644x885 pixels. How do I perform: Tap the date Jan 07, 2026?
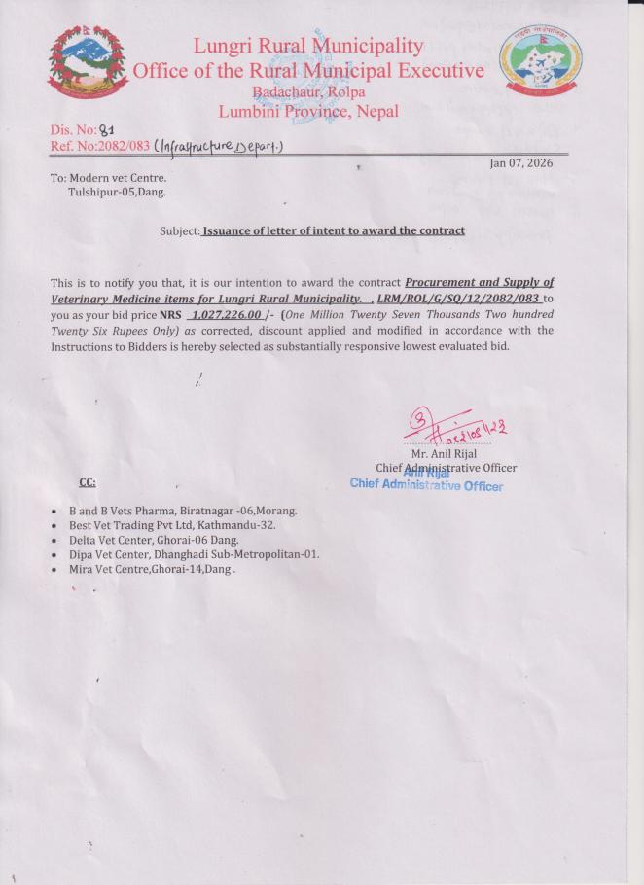pyautogui.click(x=521, y=162)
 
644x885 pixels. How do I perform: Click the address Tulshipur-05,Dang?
pyautogui.click(x=117, y=192)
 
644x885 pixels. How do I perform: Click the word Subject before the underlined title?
pyautogui.click(x=179, y=230)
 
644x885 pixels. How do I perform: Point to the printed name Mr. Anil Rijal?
pyautogui.click(x=444, y=453)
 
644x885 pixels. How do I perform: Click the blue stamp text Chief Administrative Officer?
pyautogui.click(x=426, y=485)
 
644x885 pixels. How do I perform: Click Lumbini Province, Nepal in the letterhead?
pyautogui.click(x=308, y=111)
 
